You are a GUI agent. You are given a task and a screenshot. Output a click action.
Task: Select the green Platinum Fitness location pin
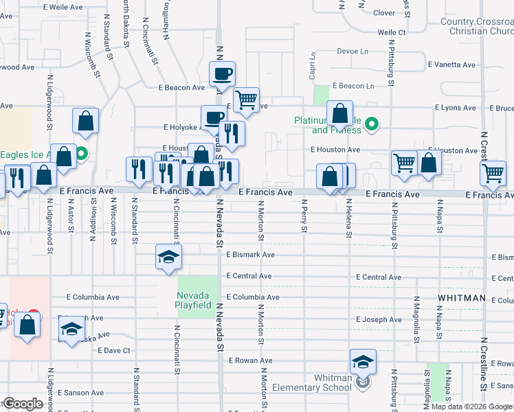pyautogui.click(x=372, y=124)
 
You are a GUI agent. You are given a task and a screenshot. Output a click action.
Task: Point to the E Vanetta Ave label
pyautogui.click(x=451, y=65)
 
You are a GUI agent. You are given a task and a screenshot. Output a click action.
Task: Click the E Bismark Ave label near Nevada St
pyautogui.click(x=250, y=255)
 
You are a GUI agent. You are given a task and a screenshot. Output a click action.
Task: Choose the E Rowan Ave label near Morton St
pyautogui.click(x=252, y=360)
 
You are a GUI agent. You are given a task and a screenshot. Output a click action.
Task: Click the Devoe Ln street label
pyautogui.click(x=353, y=51)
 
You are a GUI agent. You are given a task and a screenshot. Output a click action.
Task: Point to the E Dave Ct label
pyautogui.click(x=114, y=350)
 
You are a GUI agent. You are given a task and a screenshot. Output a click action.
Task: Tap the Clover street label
pyautogui.click(x=384, y=12)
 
